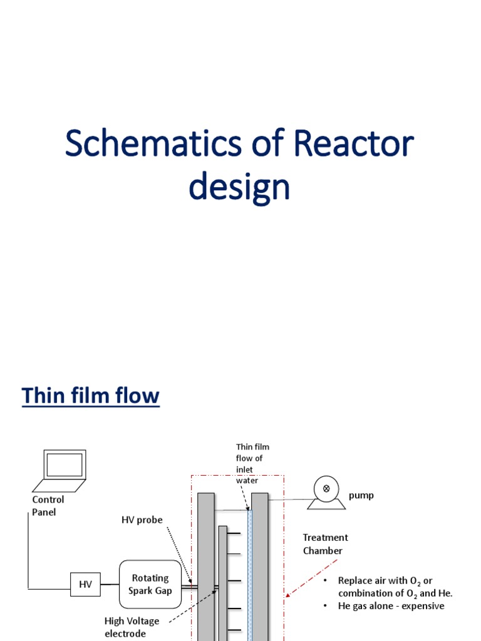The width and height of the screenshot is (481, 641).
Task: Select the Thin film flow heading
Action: tap(91, 396)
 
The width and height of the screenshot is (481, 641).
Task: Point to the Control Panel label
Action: tap(48, 506)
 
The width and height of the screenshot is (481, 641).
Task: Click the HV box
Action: tap(85, 584)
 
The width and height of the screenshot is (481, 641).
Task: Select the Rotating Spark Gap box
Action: tap(150, 584)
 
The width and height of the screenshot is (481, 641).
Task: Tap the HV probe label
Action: tap(142, 520)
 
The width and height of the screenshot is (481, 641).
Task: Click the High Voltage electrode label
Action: tap(132, 627)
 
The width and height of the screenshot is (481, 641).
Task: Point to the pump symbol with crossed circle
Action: tap(326, 488)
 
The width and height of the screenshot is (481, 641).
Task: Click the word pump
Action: tap(361, 495)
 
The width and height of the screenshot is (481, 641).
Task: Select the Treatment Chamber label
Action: tap(325, 544)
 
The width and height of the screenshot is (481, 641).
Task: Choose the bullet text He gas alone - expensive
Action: tap(391, 606)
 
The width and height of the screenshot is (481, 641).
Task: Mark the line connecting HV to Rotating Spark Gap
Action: tap(110, 584)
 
